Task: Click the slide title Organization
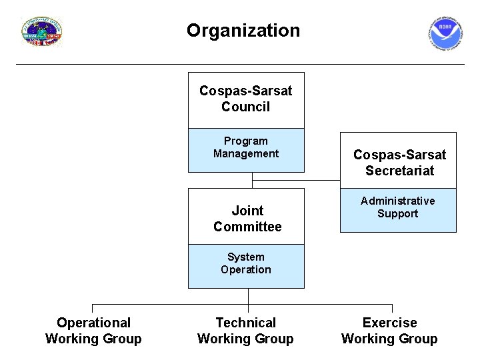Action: tap(243, 31)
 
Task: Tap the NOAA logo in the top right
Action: tap(445, 33)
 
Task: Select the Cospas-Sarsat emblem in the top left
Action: tap(42, 31)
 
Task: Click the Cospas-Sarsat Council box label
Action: tap(246, 99)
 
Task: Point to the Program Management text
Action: tap(246, 147)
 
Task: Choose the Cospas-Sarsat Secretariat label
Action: tap(399, 163)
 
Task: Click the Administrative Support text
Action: tap(398, 207)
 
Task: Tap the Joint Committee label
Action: tap(247, 219)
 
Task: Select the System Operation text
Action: tap(246, 263)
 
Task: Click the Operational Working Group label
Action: tap(93, 331)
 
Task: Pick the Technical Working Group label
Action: tap(245, 331)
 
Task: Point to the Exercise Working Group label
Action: tap(389, 331)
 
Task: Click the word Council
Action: tap(246, 107)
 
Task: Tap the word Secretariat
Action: tap(399, 171)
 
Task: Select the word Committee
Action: tap(247, 227)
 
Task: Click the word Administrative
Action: tap(398, 201)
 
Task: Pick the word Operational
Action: tap(93, 323)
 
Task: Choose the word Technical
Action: tap(245, 323)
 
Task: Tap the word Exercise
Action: tap(389, 323)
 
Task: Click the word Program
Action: tap(246, 141)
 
